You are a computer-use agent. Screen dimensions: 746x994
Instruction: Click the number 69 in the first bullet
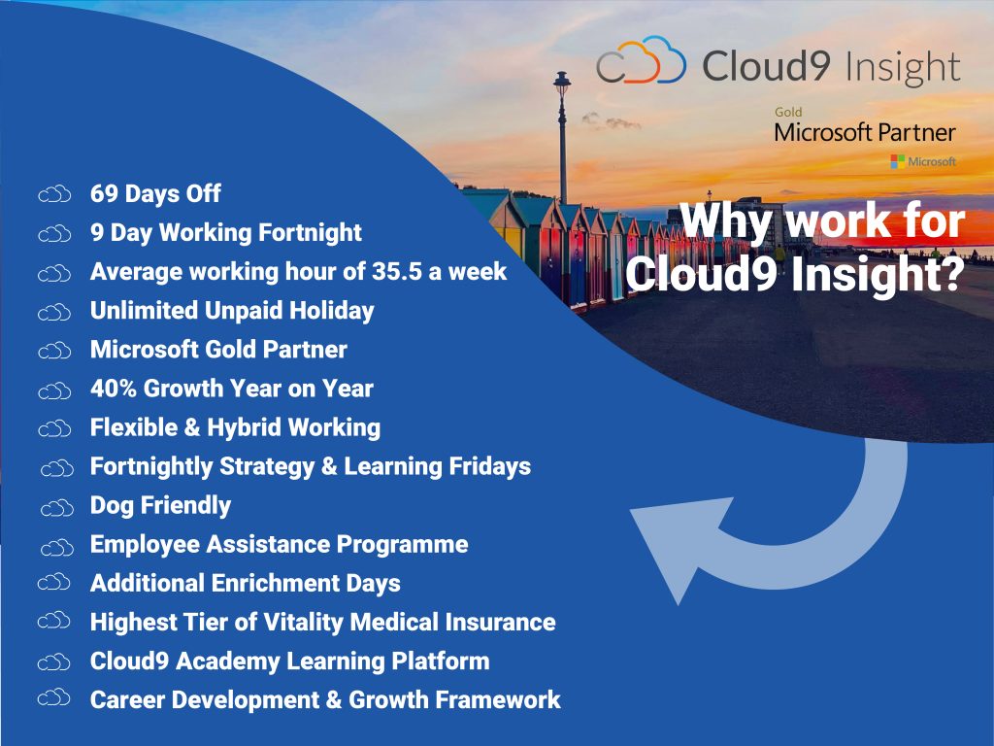104,194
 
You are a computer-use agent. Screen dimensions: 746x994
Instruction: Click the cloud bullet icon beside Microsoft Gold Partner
54,351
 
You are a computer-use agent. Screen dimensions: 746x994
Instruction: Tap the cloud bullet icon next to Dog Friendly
56,507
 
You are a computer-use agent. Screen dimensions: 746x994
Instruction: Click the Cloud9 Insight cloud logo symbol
641,64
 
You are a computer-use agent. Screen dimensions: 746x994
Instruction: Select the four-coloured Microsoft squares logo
898,160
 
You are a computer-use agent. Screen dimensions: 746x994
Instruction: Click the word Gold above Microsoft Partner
788,113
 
